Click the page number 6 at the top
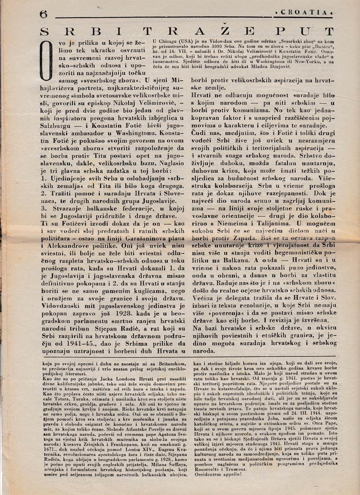43,14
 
